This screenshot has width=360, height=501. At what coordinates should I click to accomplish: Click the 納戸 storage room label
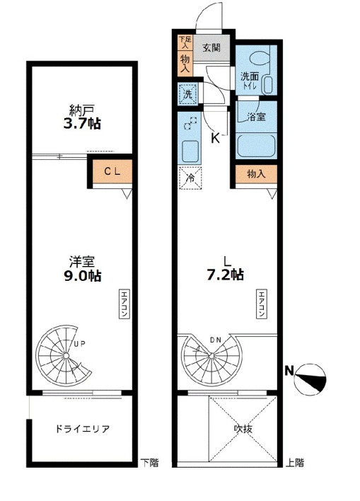click(x=81, y=110)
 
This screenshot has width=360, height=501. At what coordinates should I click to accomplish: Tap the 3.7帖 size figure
click(x=82, y=124)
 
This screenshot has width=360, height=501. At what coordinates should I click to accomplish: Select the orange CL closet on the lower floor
click(x=112, y=171)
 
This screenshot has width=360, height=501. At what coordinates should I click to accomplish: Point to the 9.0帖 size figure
click(x=83, y=275)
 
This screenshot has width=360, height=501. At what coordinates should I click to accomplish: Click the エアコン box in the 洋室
click(x=124, y=304)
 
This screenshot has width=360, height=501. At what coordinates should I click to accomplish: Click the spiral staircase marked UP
click(x=64, y=356)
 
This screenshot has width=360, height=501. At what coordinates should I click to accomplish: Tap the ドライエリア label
click(x=83, y=429)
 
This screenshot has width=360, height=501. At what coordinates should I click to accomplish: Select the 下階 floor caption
click(x=149, y=463)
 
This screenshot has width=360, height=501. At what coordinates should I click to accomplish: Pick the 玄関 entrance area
click(x=211, y=48)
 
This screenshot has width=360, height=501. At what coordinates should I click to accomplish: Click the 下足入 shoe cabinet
click(x=185, y=42)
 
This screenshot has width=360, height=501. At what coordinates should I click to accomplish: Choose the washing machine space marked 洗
click(x=188, y=94)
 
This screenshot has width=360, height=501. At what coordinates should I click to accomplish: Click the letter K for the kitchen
click(x=216, y=139)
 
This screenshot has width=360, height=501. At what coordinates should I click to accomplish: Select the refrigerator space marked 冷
click(x=190, y=178)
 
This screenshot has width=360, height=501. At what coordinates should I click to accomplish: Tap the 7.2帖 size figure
click(x=226, y=275)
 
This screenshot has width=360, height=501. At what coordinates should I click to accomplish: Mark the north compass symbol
click(x=309, y=379)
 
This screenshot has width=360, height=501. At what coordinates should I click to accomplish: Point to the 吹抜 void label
click(x=243, y=429)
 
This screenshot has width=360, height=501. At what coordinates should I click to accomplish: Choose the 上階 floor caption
click(x=295, y=463)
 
